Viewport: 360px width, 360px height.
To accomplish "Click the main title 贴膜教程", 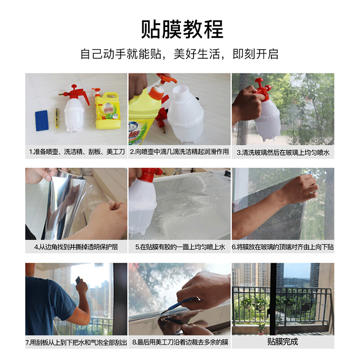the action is [x=182, y=29].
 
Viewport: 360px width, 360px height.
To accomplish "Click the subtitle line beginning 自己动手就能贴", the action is [x=179, y=54].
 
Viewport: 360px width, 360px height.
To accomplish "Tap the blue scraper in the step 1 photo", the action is [x=42, y=121].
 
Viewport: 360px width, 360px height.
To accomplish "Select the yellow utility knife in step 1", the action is [x=57, y=118].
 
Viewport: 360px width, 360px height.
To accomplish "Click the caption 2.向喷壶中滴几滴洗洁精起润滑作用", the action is [x=179, y=152].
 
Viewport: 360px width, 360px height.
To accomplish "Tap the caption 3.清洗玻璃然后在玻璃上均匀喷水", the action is [x=283, y=153].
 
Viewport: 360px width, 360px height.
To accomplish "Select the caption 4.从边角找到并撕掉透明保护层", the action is [x=76, y=247].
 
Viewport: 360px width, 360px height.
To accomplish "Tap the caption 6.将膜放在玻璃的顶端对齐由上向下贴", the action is [x=283, y=247].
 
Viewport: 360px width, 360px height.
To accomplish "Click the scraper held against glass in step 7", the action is [x=78, y=280].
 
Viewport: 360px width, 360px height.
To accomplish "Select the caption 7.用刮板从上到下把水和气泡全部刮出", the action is [x=76, y=342].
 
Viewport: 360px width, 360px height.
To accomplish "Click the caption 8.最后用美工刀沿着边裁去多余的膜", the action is [x=180, y=342].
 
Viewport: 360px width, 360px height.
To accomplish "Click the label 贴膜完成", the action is [x=283, y=342].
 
